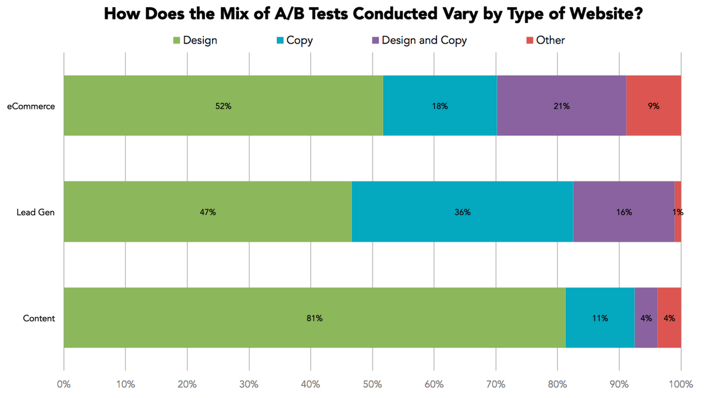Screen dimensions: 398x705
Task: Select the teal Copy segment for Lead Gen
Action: [462, 212]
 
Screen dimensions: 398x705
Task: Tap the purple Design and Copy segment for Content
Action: [646, 318]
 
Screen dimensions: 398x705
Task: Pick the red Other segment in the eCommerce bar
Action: [653, 106]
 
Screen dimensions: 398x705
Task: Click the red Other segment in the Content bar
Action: [669, 318]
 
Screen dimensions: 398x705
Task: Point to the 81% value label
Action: [314, 319]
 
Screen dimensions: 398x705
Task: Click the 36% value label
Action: [462, 212]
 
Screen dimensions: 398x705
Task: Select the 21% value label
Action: [561, 106]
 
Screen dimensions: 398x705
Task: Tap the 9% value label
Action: [653, 106]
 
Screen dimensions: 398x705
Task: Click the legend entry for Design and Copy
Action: [424, 41]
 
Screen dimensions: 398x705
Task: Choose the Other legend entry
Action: [550, 41]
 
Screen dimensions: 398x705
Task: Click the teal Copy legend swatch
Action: [280, 41]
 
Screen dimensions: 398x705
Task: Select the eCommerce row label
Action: [31, 106]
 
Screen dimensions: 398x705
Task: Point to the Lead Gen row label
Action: [36, 212]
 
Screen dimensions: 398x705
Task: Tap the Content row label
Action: [39, 319]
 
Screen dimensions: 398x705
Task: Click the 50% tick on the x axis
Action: [372, 384]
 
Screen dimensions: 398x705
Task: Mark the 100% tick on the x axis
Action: [680, 384]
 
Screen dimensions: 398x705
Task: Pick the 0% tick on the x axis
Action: [63, 384]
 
